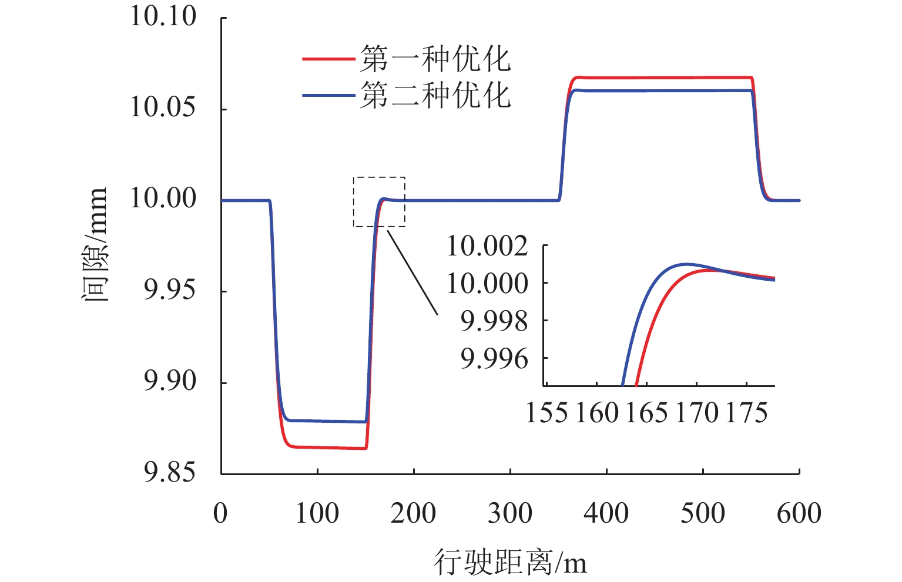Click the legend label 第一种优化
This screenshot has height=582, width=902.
tap(435, 59)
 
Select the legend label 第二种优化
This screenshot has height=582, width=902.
tap(435, 95)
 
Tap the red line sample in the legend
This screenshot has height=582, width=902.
tap(328, 59)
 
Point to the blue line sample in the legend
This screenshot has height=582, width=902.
tap(328, 95)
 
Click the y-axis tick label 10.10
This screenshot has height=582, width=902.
tap(163, 16)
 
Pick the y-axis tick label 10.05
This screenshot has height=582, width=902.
tap(163, 107)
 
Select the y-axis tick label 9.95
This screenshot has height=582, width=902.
tap(169, 290)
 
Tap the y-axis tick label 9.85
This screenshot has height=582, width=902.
tap(169, 473)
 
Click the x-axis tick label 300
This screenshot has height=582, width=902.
tap(509, 513)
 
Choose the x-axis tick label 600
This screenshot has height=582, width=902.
tap(799, 513)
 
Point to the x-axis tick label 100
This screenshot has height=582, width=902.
tap(317, 513)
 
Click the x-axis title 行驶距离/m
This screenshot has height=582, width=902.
tap(510, 562)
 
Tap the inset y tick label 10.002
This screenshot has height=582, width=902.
tap(487, 246)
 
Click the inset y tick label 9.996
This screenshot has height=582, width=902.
tap(494, 359)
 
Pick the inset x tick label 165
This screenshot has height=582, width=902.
tap(646, 413)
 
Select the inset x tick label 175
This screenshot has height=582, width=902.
tap(746, 413)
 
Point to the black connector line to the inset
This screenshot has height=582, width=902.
tap(413, 273)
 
